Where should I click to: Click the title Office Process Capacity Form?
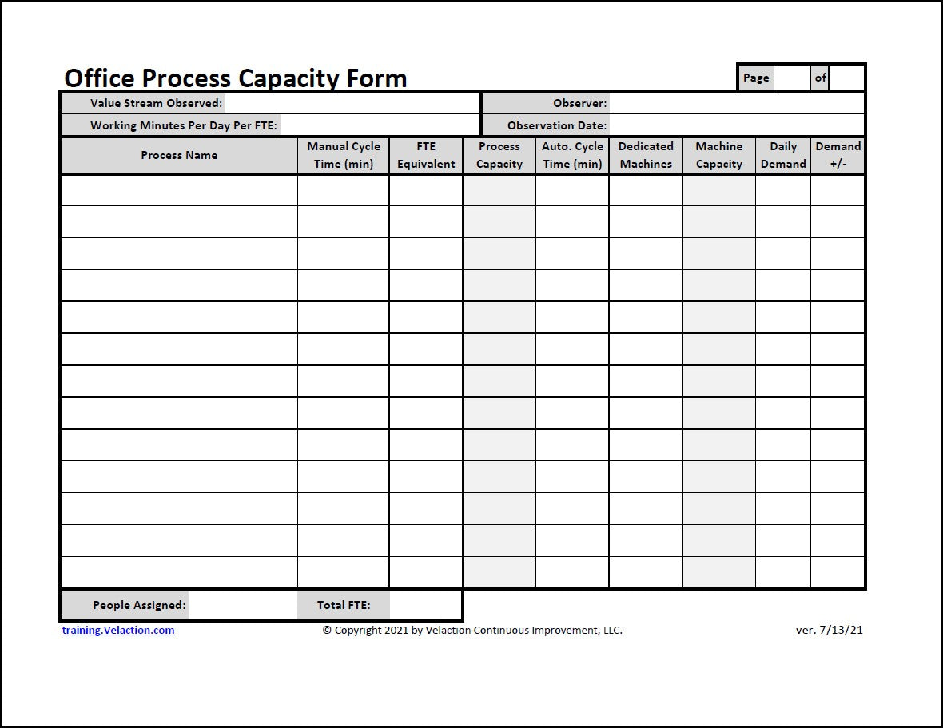pyautogui.click(x=235, y=78)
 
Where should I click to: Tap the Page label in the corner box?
pyautogui.click(x=755, y=78)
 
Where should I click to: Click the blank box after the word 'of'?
pyautogui.click(x=846, y=78)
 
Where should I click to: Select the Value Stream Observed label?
pyautogui.click(x=156, y=103)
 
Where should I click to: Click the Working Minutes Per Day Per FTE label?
pyautogui.click(x=183, y=125)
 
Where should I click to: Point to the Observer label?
pyautogui.click(x=579, y=103)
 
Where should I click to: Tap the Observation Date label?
pyautogui.click(x=557, y=125)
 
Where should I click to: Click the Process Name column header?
pyautogui.click(x=179, y=155)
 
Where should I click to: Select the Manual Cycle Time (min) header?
pyautogui.click(x=344, y=155)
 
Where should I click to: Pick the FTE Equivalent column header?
pyautogui.click(x=426, y=155)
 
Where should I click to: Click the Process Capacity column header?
pyautogui.click(x=499, y=155)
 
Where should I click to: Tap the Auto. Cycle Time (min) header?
pyautogui.click(x=572, y=155)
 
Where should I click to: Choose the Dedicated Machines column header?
pyautogui.click(x=646, y=155)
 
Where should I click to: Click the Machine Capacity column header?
pyautogui.click(x=719, y=155)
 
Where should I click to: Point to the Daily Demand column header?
pyautogui.click(x=783, y=155)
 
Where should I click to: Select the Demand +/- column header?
pyautogui.click(x=838, y=155)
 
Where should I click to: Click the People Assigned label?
pyautogui.click(x=139, y=605)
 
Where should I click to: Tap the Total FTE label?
pyautogui.click(x=344, y=605)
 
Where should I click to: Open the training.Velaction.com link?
pyautogui.click(x=118, y=630)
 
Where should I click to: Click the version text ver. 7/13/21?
pyautogui.click(x=829, y=630)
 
